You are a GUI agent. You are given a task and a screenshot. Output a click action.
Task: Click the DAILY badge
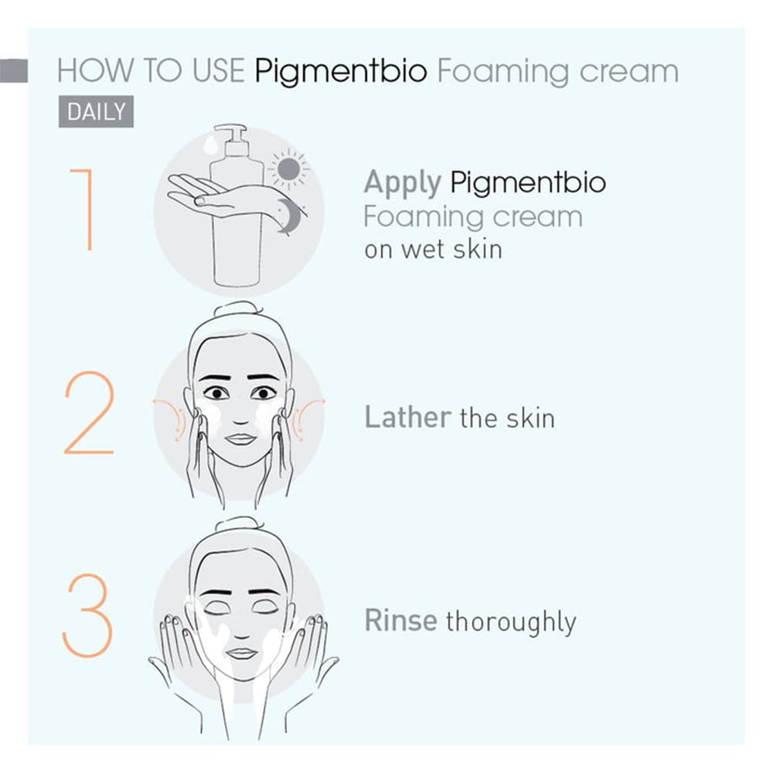[x=96, y=112]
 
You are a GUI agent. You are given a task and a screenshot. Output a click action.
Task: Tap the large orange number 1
[x=83, y=209]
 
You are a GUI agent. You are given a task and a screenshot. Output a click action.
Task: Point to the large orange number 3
[x=87, y=615]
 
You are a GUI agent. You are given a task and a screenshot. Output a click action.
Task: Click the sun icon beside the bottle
[x=289, y=169]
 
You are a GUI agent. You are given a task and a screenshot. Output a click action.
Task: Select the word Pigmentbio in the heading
[x=340, y=72]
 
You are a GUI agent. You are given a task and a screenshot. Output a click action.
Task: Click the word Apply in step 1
[x=402, y=183]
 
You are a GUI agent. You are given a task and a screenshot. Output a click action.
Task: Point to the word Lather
[x=407, y=418]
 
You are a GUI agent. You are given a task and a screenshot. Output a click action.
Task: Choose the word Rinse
[x=400, y=621]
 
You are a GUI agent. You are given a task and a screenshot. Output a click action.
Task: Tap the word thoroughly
[x=511, y=622]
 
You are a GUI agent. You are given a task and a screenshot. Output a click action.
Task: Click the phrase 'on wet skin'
[x=432, y=250]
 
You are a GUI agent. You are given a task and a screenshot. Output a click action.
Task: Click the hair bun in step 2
[x=237, y=309]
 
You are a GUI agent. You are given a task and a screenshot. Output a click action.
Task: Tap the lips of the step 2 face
[x=240, y=439]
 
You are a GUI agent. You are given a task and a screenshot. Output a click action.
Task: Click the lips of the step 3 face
[x=241, y=653]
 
